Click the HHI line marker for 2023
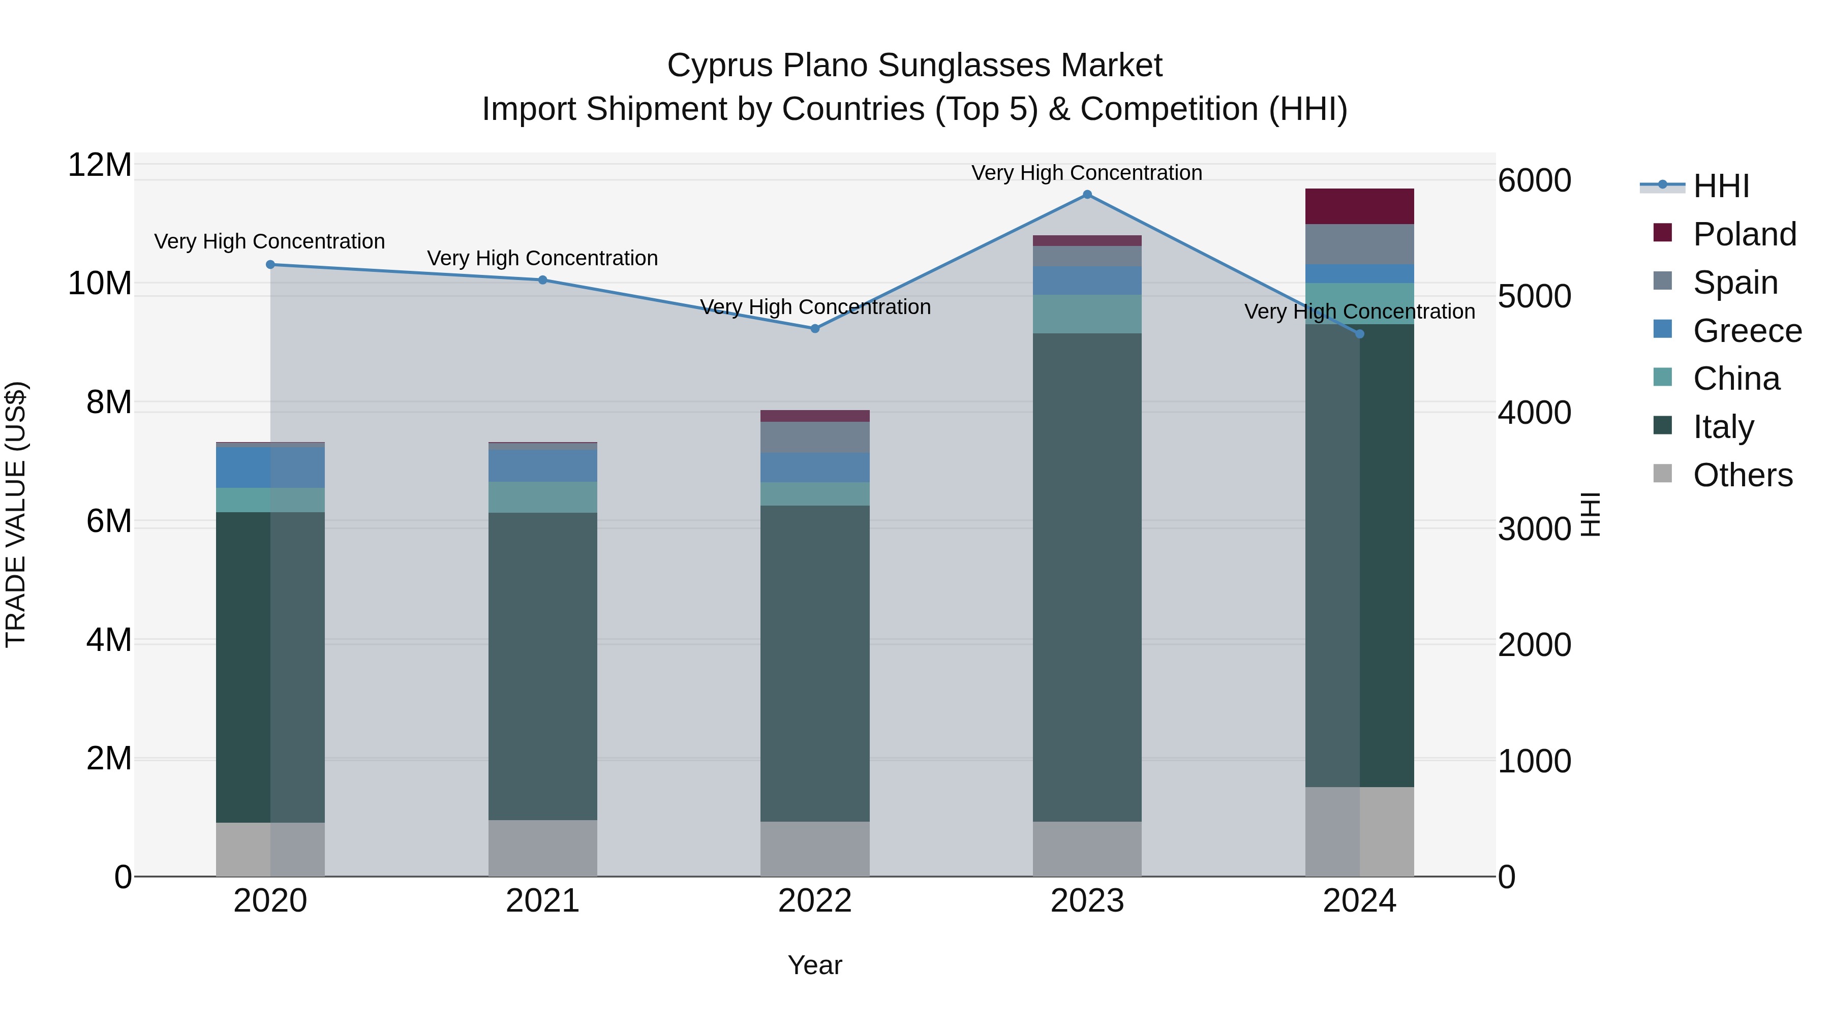click(x=1087, y=195)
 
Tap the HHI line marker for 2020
click(x=270, y=265)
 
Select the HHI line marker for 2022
click(x=815, y=329)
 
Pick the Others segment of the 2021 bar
click(x=543, y=848)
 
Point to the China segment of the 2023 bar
click(x=1087, y=314)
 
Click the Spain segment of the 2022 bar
click(x=815, y=438)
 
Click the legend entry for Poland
click(x=1744, y=234)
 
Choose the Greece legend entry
click(x=1747, y=331)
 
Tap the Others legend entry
click(x=1742, y=475)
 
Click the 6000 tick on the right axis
click(x=1535, y=180)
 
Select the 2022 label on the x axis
click(x=815, y=901)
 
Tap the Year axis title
click(x=815, y=965)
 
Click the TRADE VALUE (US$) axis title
click(x=16, y=514)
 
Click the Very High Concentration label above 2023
click(x=1087, y=173)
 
